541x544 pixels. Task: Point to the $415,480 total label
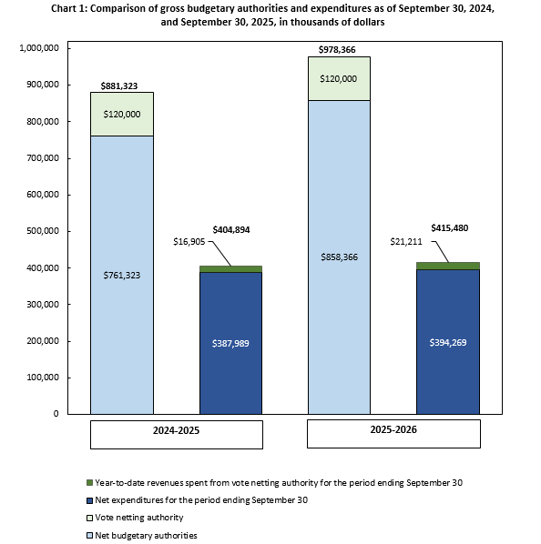[449, 227]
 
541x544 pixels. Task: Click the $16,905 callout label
[189, 242]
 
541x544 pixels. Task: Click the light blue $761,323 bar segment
[121, 274]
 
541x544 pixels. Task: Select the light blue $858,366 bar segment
[339, 257]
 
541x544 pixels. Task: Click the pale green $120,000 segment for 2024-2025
[121, 114]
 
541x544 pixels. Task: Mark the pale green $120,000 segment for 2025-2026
[339, 78]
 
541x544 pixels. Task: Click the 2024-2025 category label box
[176, 434]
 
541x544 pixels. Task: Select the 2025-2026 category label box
[393, 433]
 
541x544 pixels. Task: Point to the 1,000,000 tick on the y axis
[39, 48]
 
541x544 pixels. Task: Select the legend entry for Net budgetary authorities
[146, 535]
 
